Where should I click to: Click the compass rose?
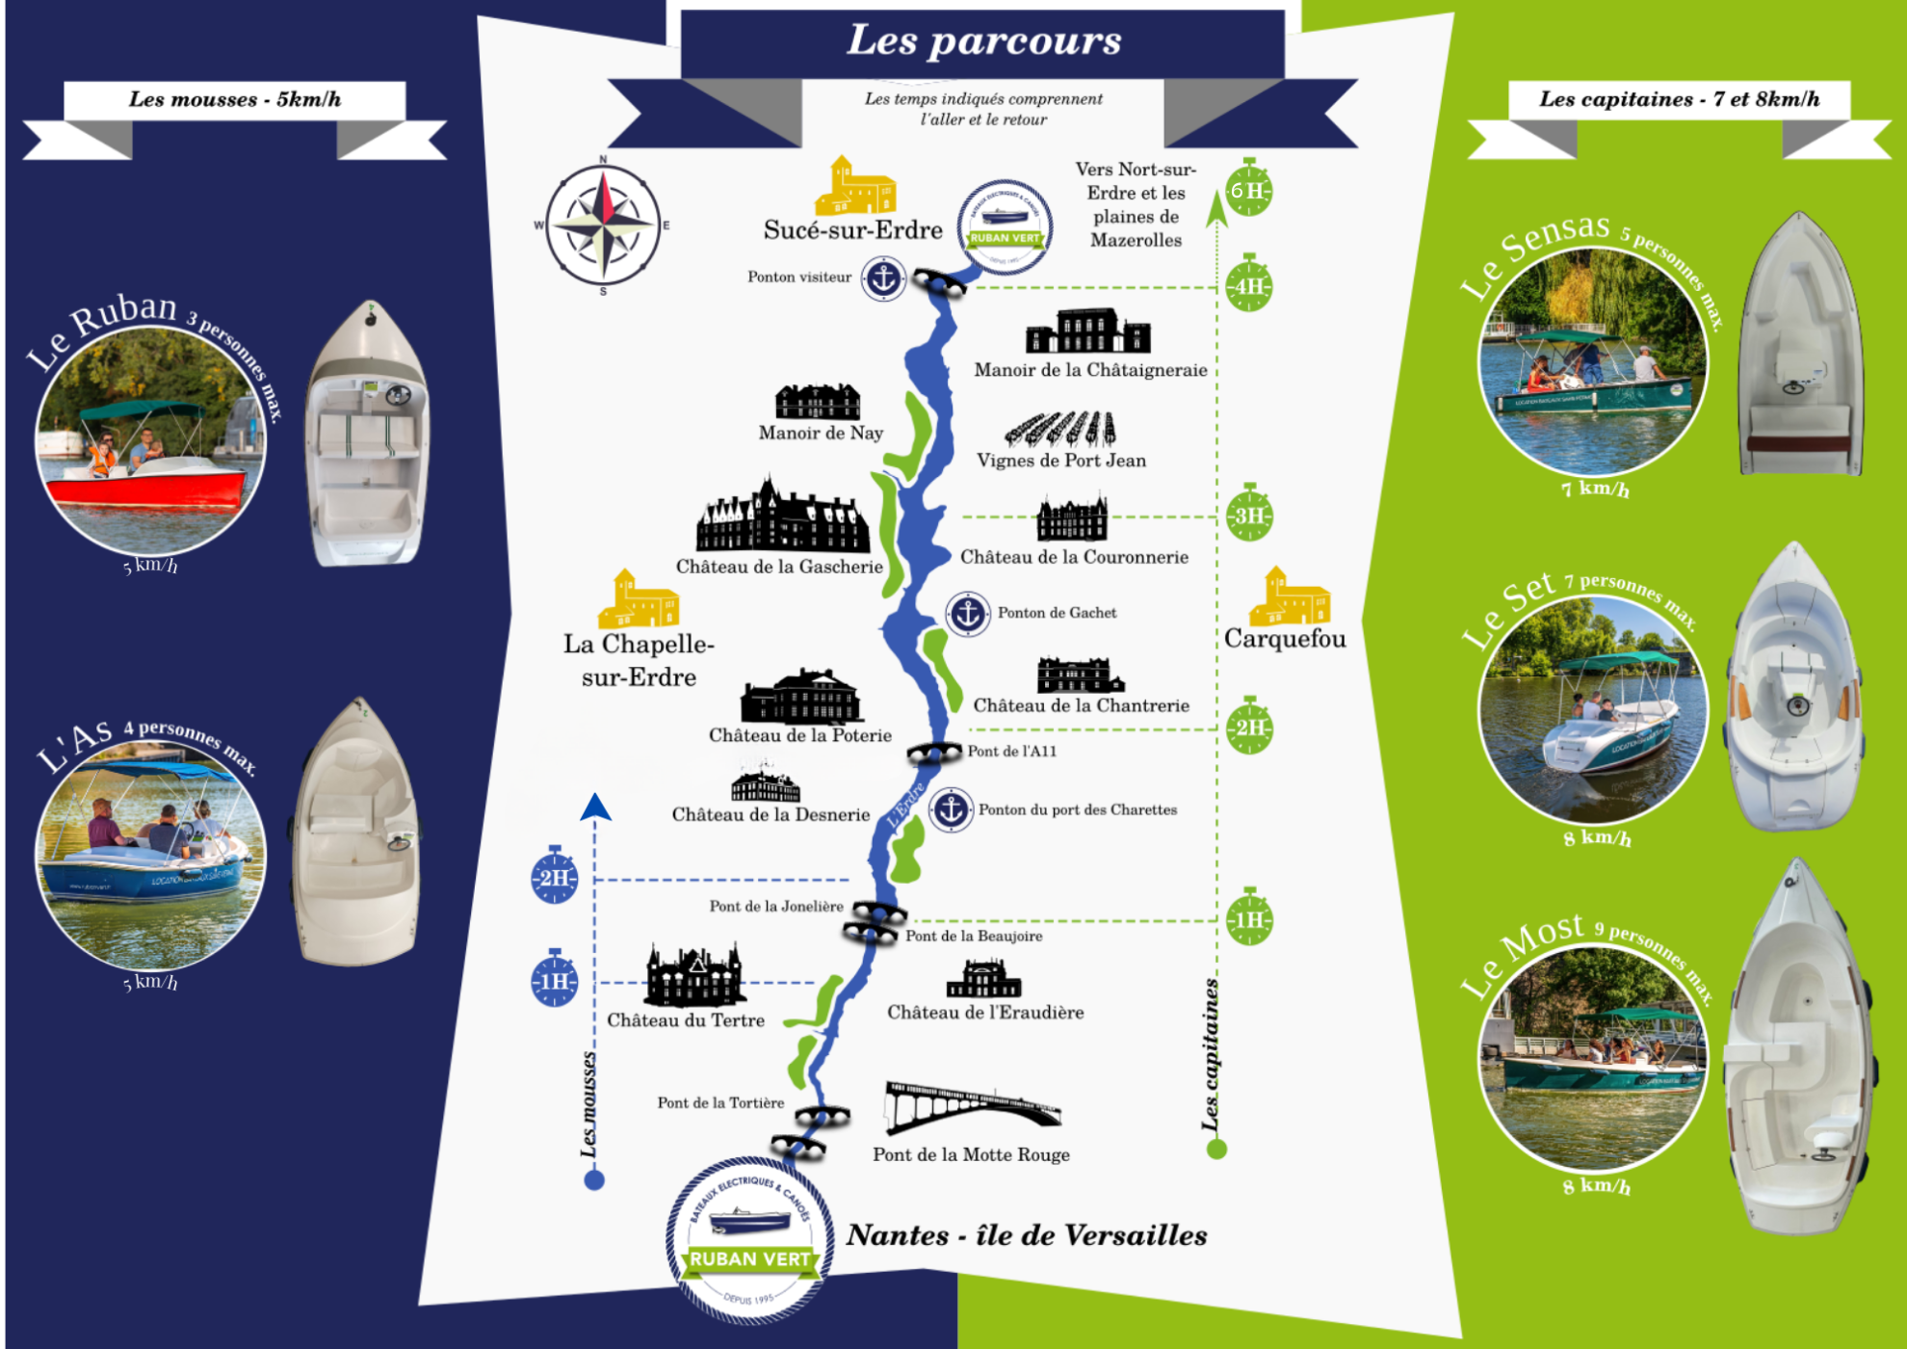click(x=603, y=225)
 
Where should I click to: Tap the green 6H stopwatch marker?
click(x=1248, y=190)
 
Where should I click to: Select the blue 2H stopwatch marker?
click(x=555, y=877)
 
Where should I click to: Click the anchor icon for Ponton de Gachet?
click(x=967, y=613)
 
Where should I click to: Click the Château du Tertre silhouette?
click(x=695, y=975)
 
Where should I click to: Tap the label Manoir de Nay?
click(x=821, y=434)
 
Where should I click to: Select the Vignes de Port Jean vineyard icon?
click(x=1060, y=429)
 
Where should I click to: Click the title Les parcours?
click(x=983, y=40)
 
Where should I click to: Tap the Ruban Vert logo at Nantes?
click(x=749, y=1239)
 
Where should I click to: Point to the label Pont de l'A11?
click(x=1011, y=752)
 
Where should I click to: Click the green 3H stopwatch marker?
click(x=1248, y=515)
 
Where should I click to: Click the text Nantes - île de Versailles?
click(x=1026, y=1235)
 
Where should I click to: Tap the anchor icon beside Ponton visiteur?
click(x=882, y=278)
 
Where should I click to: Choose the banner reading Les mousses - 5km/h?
click(x=235, y=100)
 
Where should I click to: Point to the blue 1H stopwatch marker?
click(x=555, y=980)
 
